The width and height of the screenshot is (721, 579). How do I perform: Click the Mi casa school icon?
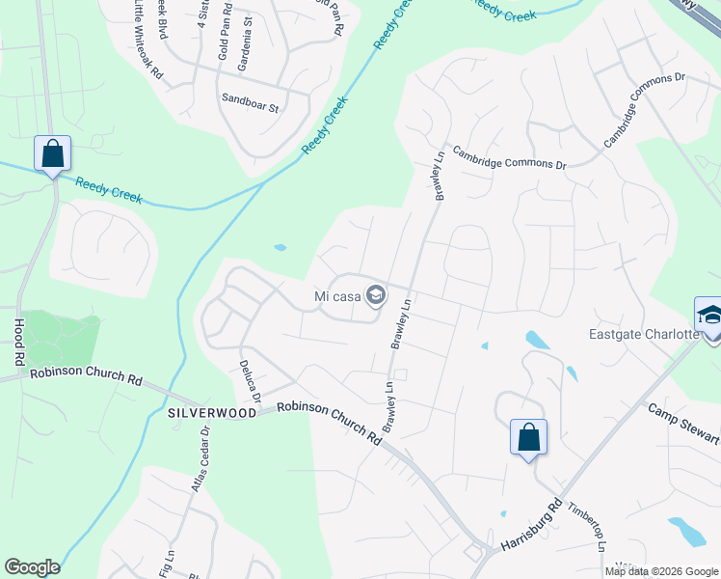(376, 296)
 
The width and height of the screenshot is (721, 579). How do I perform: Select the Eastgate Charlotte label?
(644, 335)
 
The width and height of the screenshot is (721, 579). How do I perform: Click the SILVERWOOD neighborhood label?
(212, 412)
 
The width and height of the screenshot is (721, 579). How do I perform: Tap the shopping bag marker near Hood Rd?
(52, 154)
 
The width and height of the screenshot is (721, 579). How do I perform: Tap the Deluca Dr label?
(250, 382)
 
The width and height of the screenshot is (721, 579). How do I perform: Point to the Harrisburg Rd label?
(529, 527)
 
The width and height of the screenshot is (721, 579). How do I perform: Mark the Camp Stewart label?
(683, 423)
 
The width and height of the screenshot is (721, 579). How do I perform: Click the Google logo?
(32, 567)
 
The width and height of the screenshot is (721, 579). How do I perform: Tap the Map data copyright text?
(662, 571)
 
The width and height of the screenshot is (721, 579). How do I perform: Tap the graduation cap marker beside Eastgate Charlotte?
(708, 317)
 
